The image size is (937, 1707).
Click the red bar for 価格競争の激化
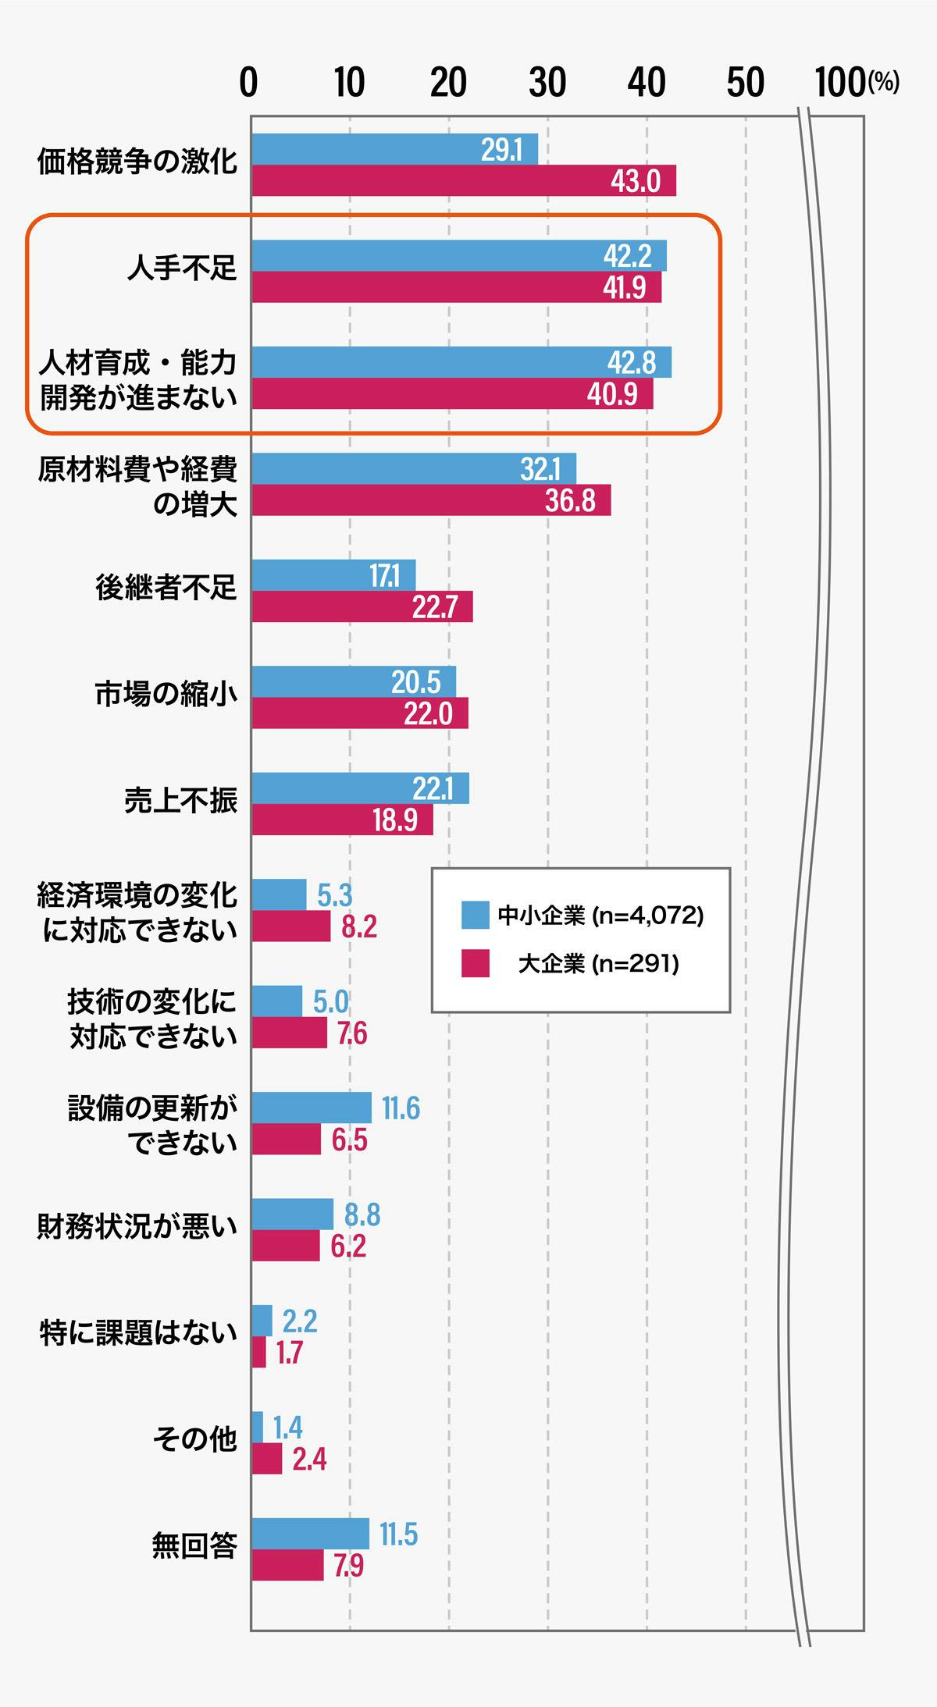point(463,181)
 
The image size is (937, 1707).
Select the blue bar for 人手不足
point(458,256)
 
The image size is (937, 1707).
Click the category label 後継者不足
point(166,589)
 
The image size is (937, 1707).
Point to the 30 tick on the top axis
point(547,83)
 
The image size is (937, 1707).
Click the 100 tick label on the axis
point(839,83)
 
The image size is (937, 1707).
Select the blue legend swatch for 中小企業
point(475,915)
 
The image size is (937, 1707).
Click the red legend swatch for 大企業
point(475,964)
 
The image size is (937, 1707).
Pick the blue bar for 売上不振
point(360,788)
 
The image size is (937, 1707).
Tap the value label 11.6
point(401,1108)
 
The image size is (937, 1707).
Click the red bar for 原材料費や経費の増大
point(431,500)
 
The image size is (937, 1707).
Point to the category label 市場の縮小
point(166,695)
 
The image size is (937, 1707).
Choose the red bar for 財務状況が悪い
point(286,1246)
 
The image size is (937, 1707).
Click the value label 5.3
point(334,896)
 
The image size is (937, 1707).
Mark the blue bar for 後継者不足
point(333,575)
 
